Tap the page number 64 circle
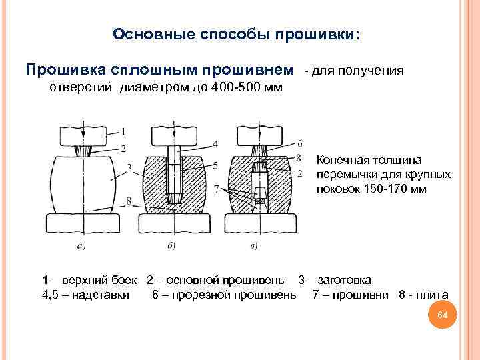coord(441,315)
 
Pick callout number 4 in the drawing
coord(215,143)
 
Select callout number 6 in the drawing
coord(300,143)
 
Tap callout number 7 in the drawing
coord(217,190)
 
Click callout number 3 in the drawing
coord(128,167)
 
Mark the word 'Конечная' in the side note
coord(341,161)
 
